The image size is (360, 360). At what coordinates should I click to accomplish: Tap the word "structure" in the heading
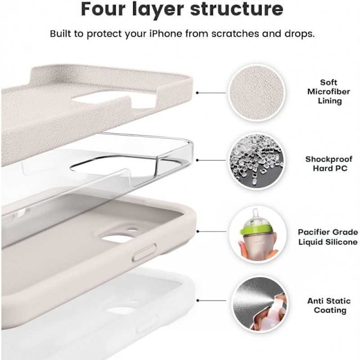click(237, 9)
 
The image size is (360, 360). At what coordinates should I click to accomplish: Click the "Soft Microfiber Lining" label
click(329, 92)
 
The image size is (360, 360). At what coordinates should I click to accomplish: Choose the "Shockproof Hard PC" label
click(329, 164)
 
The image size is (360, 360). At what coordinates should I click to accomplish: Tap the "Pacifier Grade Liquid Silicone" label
click(328, 237)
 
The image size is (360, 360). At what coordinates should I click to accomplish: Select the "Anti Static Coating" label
click(329, 305)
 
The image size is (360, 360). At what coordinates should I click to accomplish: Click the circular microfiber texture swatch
click(256, 93)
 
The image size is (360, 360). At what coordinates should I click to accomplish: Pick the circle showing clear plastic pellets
click(256, 160)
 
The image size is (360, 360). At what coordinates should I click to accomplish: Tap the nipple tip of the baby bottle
click(254, 211)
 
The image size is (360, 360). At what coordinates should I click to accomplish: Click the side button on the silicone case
click(145, 253)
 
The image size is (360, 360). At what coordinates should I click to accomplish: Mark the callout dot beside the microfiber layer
click(197, 93)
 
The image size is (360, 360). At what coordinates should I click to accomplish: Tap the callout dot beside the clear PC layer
click(197, 160)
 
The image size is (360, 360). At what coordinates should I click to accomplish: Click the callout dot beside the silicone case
click(197, 232)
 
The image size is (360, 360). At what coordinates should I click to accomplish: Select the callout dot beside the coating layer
click(197, 301)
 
